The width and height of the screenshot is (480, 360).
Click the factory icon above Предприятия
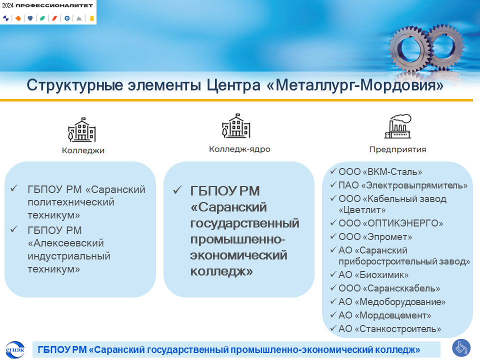pyautogui.click(x=398, y=126)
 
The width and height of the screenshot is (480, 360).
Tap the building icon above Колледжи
pyautogui.click(x=81, y=129)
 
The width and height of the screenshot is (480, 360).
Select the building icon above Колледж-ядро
pyautogui.click(x=236, y=126)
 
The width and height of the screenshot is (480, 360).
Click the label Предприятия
pyautogui.click(x=397, y=149)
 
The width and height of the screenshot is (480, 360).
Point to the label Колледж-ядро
pyautogui.click(x=239, y=149)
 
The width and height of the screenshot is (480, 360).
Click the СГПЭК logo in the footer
pyautogui.click(x=15, y=349)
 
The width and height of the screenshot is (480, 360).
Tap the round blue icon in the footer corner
pyautogui.click(x=461, y=348)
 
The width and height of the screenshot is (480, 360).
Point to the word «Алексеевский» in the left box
pyautogui.click(x=66, y=243)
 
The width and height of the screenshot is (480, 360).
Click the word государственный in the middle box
pyautogui.click(x=244, y=223)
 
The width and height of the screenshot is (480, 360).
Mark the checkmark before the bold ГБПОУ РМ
pyautogui.click(x=177, y=190)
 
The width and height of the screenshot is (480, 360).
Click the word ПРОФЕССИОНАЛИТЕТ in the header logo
pyautogui.click(x=54, y=5)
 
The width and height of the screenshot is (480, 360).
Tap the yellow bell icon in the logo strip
pyautogui.click(x=91, y=18)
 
